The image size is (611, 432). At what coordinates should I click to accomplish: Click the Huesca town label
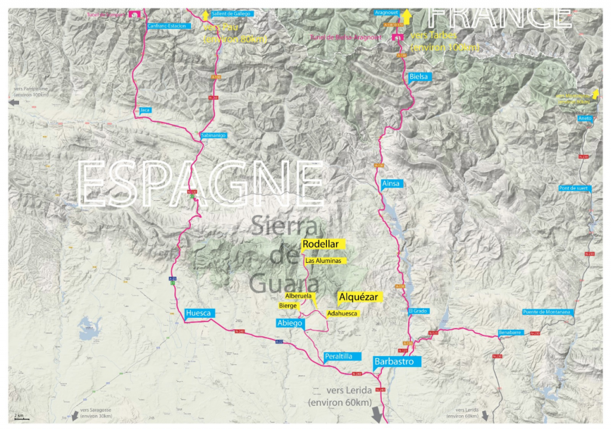point(198,313)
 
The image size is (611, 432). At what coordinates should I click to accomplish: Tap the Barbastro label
point(397,361)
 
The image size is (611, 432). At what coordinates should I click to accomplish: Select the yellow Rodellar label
point(321,244)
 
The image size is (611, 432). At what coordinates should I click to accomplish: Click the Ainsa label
point(390,183)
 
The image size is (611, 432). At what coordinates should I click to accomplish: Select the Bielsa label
point(419,77)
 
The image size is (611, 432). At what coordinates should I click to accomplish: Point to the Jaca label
point(144,110)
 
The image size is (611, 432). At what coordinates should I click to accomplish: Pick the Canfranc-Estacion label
point(168,26)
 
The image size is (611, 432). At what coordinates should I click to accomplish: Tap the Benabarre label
point(510,333)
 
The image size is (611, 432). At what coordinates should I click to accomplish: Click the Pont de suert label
point(573,188)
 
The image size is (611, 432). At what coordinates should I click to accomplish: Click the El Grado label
point(418,311)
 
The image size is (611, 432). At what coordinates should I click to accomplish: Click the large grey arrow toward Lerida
point(378,414)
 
